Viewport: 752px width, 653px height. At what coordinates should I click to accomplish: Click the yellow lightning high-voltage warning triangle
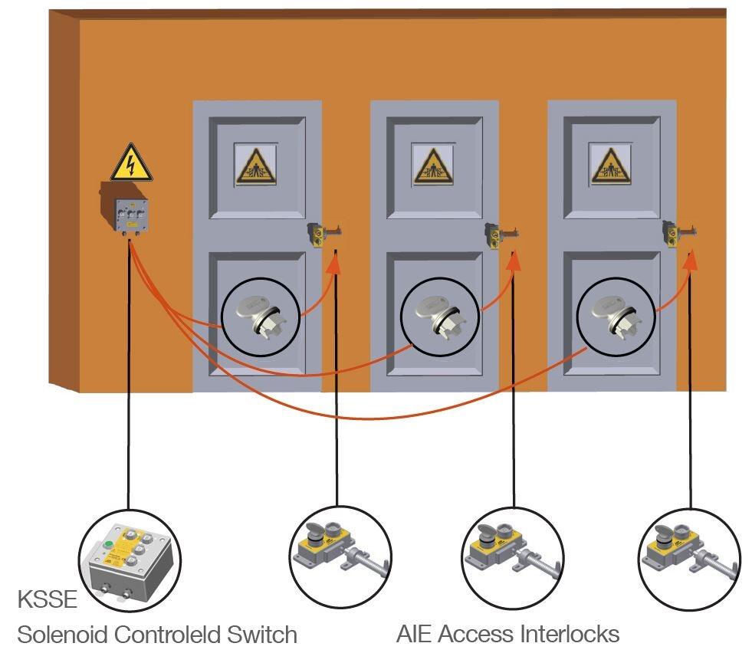pos(131,163)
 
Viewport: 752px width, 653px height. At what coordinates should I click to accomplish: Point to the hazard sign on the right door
pos(610,165)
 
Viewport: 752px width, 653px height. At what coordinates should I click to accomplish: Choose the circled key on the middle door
pos(438,315)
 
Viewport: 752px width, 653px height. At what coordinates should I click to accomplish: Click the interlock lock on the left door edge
pos(321,232)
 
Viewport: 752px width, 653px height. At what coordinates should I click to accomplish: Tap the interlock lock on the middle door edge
pos(498,232)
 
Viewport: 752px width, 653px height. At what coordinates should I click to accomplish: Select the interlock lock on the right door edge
pos(676,232)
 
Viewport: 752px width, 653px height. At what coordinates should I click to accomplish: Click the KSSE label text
pos(47,599)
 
